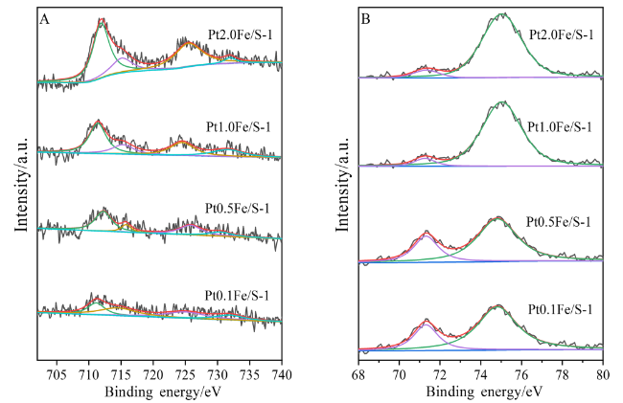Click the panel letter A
point(44,15)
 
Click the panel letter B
point(367,15)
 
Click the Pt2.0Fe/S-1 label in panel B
point(562,35)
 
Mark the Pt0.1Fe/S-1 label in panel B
point(562,308)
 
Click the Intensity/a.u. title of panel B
point(343,181)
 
